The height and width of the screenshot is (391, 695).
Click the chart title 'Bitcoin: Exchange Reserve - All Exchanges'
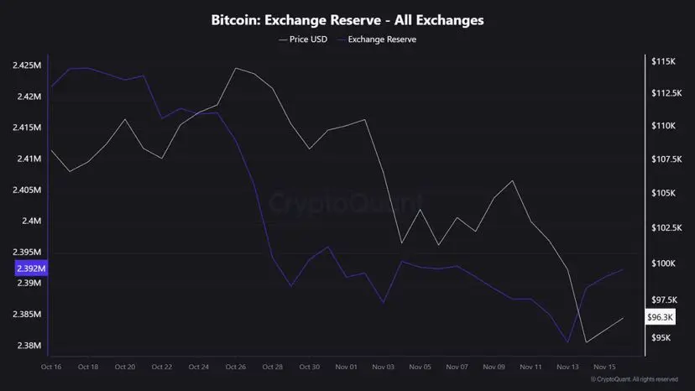tap(347, 18)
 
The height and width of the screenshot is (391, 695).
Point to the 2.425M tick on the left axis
tap(29, 65)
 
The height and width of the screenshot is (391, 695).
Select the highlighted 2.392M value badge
tap(31, 268)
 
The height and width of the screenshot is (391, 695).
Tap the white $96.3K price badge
tap(661, 317)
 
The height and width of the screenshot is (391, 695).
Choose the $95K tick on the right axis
tap(661, 337)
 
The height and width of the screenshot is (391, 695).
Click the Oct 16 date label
tap(51, 367)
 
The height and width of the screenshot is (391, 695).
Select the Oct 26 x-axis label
tap(236, 367)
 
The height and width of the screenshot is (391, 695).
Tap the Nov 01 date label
tap(347, 367)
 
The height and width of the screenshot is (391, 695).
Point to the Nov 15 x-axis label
tap(605, 367)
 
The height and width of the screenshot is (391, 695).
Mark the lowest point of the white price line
tap(586, 341)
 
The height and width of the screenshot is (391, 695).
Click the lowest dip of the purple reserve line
tap(568, 342)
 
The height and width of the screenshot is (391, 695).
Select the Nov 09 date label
tap(494, 367)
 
